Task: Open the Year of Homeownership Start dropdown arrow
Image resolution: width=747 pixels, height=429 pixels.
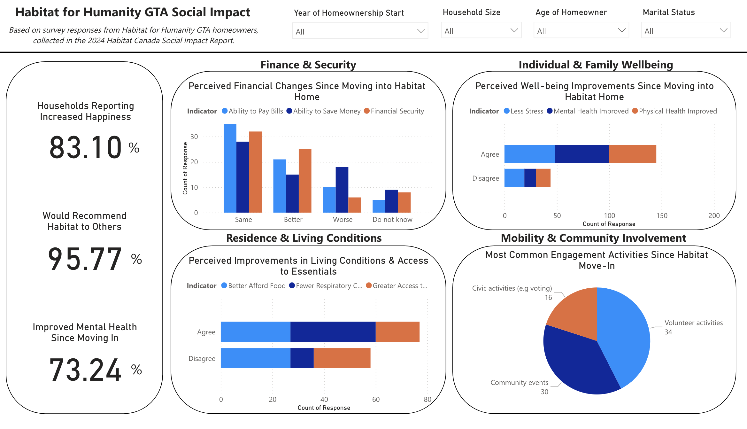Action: (x=420, y=31)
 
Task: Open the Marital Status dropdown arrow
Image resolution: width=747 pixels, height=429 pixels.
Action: (x=723, y=30)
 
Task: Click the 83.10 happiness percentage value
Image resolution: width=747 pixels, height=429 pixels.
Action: (x=86, y=147)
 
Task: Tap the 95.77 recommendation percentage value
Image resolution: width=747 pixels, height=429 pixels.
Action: (x=85, y=259)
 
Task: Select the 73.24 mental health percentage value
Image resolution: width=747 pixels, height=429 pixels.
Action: (x=85, y=370)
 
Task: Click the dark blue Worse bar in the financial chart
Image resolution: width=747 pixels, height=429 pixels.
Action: (x=342, y=190)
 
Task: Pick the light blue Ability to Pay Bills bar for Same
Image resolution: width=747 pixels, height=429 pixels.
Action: (x=230, y=168)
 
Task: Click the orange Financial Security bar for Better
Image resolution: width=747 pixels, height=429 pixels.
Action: (x=305, y=181)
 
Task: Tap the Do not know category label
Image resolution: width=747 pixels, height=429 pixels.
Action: (x=392, y=220)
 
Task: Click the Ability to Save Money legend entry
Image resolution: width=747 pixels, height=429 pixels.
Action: (x=327, y=111)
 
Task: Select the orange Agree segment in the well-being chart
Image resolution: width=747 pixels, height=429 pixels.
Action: (x=632, y=154)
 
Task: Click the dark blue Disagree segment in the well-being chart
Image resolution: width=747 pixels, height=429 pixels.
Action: (x=530, y=178)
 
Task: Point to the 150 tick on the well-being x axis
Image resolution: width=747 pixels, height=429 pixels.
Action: (x=662, y=216)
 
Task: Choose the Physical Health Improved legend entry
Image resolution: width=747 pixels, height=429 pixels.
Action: (x=677, y=111)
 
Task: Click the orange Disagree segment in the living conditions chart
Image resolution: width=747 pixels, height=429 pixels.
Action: (x=342, y=358)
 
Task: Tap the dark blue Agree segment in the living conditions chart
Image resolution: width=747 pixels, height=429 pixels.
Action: (x=333, y=332)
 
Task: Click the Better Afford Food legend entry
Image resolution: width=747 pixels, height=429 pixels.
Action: (x=257, y=286)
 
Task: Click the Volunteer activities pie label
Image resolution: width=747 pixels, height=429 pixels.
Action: (x=693, y=323)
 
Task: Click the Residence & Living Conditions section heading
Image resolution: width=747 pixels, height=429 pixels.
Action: (x=304, y=238)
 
